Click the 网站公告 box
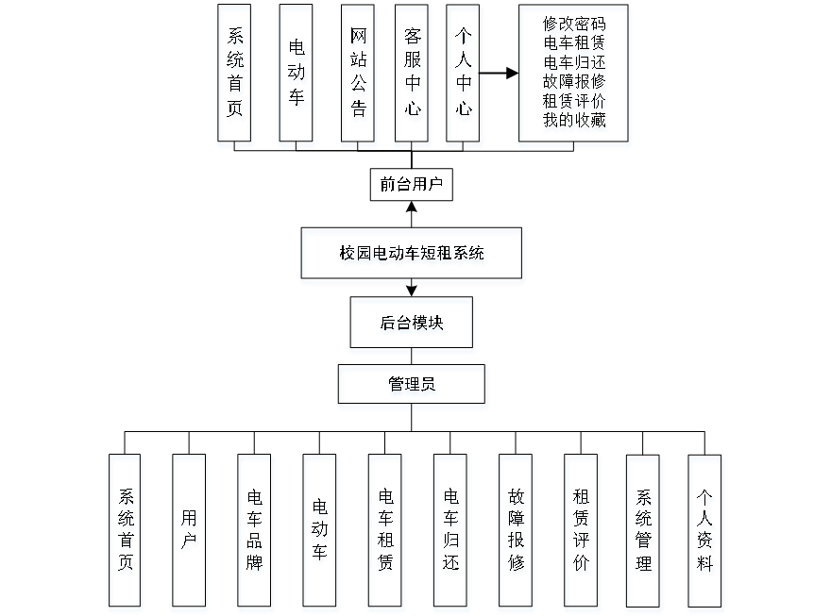(x=358, y=75)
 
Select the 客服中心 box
(x=412, y=75)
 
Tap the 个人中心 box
(x=464, y=75)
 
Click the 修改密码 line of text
(x=575, y=25)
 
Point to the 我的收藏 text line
(x=575, y=122)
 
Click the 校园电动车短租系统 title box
(x=413, y=255)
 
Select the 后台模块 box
(x=412, y=325)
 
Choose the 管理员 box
(x=413, y=386)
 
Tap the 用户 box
(x=189, y=533)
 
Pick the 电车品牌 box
(x=255, y=533)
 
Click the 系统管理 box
(x=643, y=533)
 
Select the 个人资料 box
(x=705, y=533)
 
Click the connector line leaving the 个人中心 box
(x=500, y=72)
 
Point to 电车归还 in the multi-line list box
(x=575, y=63)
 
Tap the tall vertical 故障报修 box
(x=516, y=533)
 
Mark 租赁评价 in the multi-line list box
(x=575, y=102)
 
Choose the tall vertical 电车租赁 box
(x=385, y=533)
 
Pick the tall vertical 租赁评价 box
(x=581, y=533)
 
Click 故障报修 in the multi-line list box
(x=575, y=83)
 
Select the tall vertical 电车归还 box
(x=450, y=533)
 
